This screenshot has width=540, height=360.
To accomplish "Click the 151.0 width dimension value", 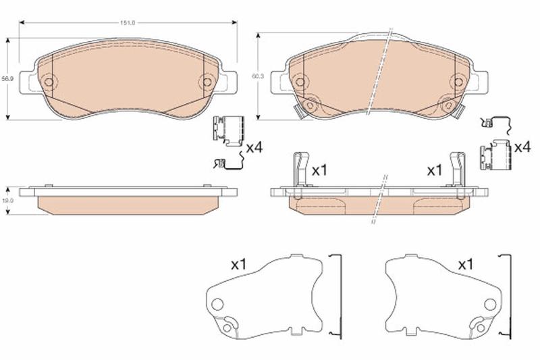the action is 128,23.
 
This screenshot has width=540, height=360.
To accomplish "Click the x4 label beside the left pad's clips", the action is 254,148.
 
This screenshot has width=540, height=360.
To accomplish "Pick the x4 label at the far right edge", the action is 522,147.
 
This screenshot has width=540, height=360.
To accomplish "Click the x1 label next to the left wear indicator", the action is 319,170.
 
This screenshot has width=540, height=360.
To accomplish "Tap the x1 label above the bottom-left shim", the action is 238,265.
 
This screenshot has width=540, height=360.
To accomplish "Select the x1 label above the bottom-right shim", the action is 466,265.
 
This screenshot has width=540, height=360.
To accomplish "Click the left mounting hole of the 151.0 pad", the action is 49,82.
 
